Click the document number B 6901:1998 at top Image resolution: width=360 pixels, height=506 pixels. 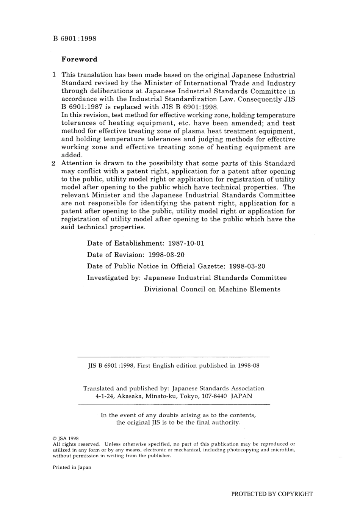pyautogui.click(x=74, y=38)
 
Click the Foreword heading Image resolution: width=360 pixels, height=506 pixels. pyautogui.click(x=79, y=59)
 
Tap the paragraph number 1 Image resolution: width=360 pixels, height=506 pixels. pyautogui.click(x=55, y=75)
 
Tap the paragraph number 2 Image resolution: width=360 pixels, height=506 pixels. pyautogui.click(x=54, y=163)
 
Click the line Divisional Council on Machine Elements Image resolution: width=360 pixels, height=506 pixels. pyautogui.click(x=212, y=289)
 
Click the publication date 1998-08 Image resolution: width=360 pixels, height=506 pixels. pyautogui.click(x=249, y=366)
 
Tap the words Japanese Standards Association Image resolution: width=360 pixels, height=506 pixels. pyautogui.click(x=218, y=389)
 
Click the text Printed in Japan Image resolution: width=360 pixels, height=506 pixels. pyautogui.click(x=72, y=467)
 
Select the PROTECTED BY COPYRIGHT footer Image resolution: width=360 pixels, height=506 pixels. pyautogui.click(x=272, y=494)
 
